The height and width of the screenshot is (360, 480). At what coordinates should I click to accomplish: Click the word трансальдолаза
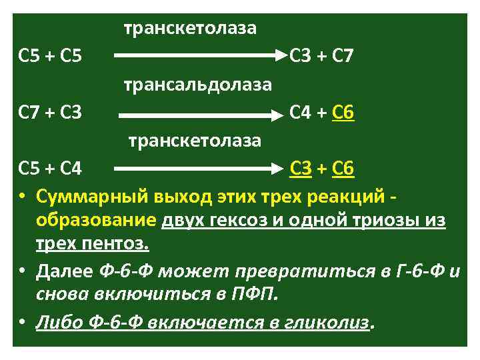click(197, 85)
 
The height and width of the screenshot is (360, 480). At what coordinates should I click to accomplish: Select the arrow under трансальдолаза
click(197, 115)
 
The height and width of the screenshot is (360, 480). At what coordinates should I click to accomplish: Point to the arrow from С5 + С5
click(197, 57)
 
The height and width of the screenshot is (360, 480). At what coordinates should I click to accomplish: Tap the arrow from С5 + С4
click(197, 169)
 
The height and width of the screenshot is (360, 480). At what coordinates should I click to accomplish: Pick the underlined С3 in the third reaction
click(301, 169)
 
